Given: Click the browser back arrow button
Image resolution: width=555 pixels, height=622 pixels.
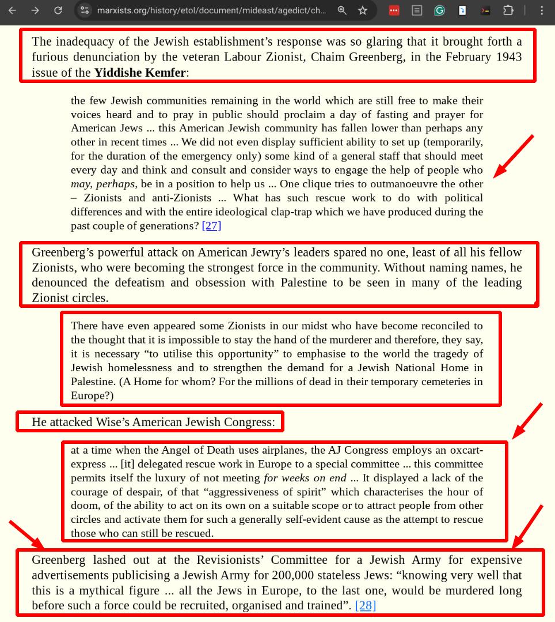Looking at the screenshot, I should point(12,10).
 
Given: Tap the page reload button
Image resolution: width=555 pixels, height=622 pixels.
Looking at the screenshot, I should point(58,10).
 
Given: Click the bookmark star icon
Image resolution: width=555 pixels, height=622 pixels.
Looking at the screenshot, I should point(363,10).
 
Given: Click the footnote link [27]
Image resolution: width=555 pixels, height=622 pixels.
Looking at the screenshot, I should point(212,225).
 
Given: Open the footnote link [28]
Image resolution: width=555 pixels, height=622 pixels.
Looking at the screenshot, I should point(366,605).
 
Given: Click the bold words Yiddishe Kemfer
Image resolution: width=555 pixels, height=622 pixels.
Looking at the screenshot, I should point(140,72).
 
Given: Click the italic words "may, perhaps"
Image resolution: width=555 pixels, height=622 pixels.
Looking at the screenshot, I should point(103,184).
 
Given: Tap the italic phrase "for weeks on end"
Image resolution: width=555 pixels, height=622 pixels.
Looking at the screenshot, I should point(305,478).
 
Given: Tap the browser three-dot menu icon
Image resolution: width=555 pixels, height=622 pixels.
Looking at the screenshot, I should point(542,10).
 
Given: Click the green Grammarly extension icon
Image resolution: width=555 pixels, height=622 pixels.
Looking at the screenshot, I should point(439,10).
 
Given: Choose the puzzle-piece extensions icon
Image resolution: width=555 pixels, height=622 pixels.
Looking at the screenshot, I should point(508,10).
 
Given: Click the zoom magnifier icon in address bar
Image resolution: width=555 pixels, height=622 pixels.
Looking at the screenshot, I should point(342,10).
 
